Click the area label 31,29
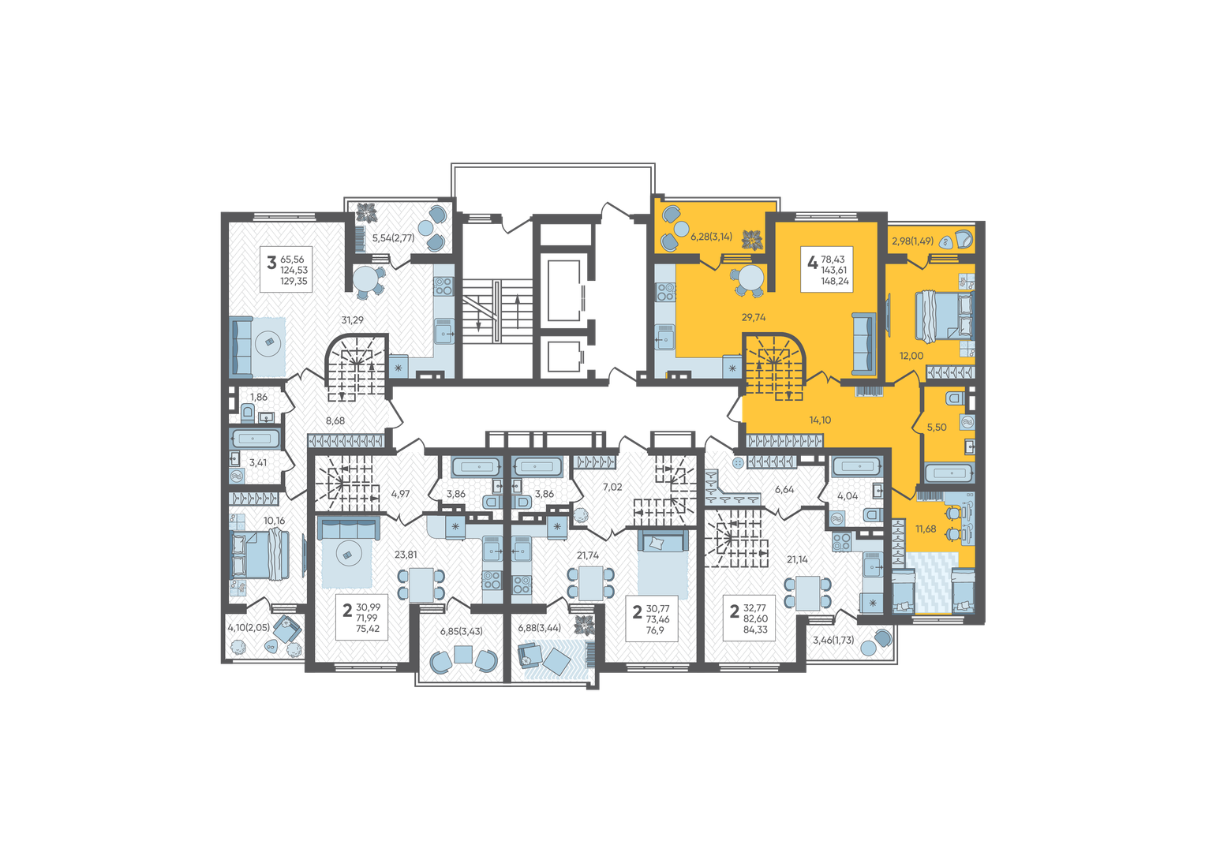353,320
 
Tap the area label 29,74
753,317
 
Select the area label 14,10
820,420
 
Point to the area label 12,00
911,356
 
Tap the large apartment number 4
812,263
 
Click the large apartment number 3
271,263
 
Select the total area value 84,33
755,630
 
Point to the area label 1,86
259,398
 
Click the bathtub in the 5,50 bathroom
949,473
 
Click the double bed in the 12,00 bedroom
945,316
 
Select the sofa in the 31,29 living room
241,346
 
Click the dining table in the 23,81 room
421,585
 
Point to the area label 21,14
797,560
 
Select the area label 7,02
612,488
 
